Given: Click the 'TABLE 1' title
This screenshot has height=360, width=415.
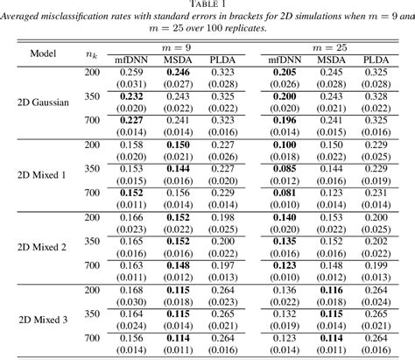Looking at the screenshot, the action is pos(207,6).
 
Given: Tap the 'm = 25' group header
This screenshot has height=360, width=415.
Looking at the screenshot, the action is pos(332,46).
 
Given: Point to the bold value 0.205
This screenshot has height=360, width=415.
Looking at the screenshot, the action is pos(284,71).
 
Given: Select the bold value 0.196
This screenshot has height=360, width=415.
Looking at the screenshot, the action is pos(284,120).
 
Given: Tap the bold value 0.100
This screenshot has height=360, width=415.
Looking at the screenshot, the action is pos(284,144).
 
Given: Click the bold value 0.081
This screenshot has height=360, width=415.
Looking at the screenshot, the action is pos(284,193).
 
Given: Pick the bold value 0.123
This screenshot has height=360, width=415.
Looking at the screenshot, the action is pos(284,265).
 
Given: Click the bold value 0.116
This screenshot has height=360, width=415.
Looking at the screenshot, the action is pos(332,289).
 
